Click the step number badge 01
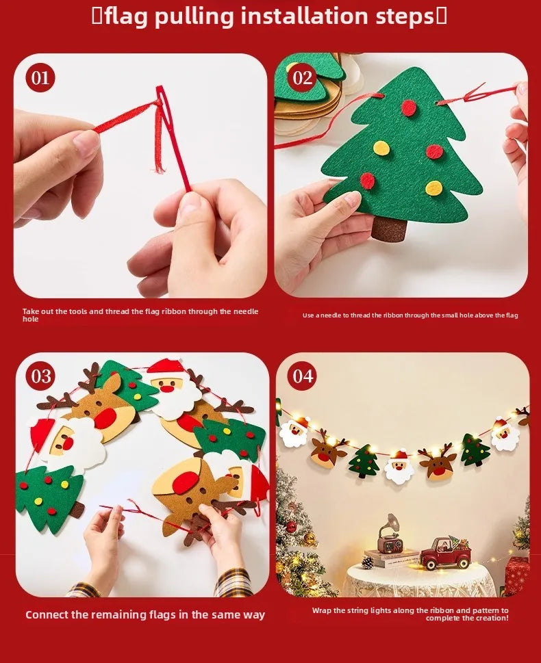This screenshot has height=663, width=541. tap(40, 78)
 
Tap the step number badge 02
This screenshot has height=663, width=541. tap(303, 78)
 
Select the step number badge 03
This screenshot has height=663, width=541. tap(41, 376)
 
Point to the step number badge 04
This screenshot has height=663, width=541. tap(303, 376)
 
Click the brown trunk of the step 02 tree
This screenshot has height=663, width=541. tap(388, 229)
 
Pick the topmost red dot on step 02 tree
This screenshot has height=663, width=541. tap(409, 107)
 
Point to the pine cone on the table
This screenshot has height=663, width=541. tap(368, 562)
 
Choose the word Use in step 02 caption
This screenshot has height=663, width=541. tap(309, 315)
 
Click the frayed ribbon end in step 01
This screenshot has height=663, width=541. tap(160, 161)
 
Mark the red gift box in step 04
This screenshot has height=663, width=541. tap(517, 575)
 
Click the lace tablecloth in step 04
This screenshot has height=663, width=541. tap(418, 582)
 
